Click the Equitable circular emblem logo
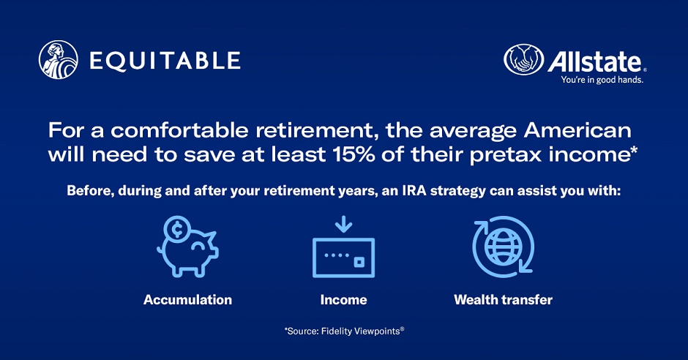point(59,60)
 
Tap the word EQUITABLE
point(165,61)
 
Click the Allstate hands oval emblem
point(523,59)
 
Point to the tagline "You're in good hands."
point(602,80)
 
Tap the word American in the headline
point(577,130)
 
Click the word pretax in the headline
point(506,156)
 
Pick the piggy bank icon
point(188,247)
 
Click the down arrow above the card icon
point(343,224)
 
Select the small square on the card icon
point(359,262)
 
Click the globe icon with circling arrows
point(503,247)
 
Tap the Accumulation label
point(188,300)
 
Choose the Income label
point(343,300)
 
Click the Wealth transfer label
point(504,300)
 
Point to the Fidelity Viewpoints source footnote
point(344,331)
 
